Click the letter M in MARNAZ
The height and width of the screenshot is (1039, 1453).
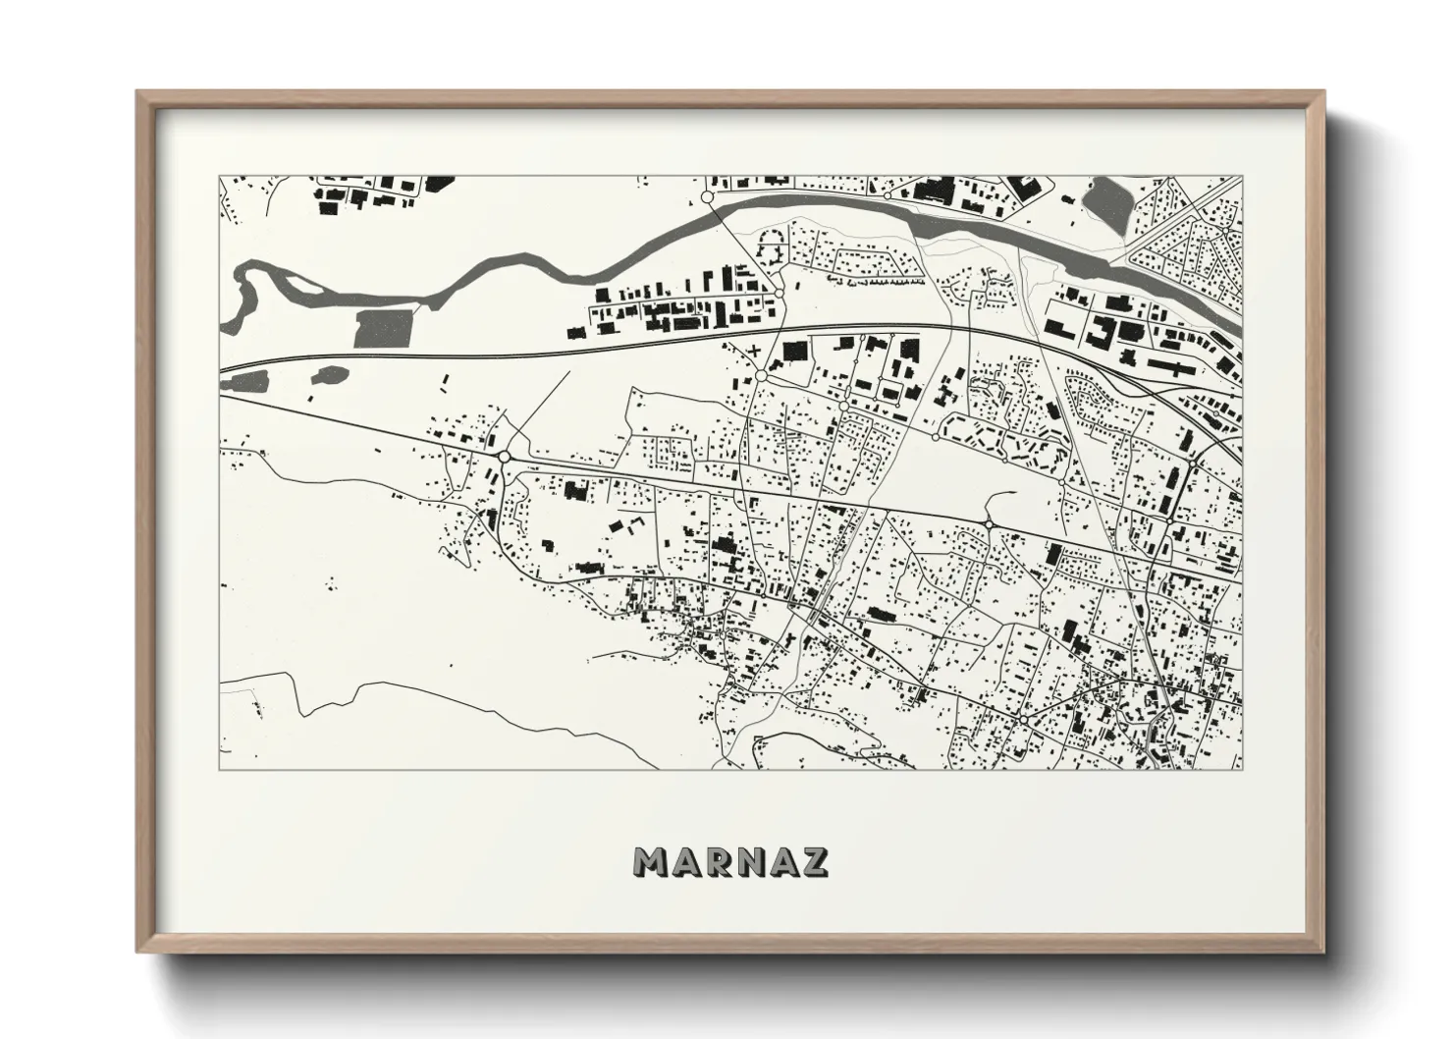(x=653, y=861)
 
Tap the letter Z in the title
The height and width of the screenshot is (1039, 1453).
(x=814, y=861)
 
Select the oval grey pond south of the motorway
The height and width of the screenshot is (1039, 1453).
(x=328, y=374)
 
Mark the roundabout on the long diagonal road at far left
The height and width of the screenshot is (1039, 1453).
(x=505, y=457)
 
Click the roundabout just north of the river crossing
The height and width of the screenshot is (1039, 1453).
(x=707, y=198)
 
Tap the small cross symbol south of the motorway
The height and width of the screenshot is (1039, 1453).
(x=754, y=351)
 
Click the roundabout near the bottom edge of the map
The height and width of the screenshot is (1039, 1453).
(x=1023, y=721)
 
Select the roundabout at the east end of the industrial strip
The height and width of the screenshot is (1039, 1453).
(x=779, y=293)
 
